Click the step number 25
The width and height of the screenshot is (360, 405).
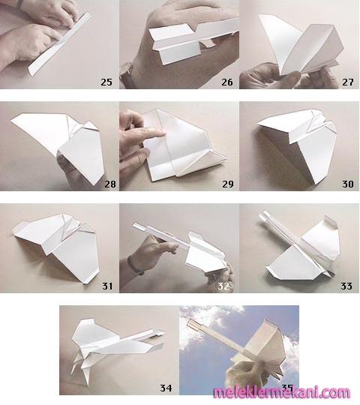(106, 82)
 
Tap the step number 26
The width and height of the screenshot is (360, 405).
(227, 82)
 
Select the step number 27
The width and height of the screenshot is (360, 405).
(347, 82)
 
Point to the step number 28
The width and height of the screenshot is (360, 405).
(110, 184)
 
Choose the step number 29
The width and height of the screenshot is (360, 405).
(228, 184)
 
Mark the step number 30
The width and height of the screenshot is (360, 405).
(347, 184)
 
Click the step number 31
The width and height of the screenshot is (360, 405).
(107, 286)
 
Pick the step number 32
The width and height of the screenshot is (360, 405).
(223, 286)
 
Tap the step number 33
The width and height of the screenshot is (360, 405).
(346, 286)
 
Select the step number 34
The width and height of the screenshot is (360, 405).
(166, 388)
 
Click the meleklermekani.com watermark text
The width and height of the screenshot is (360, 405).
(282, 393)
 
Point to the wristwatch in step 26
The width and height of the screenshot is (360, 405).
(129, 75)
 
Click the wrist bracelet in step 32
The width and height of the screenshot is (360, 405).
(135, 266)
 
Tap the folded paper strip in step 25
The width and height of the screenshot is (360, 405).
(60, 44)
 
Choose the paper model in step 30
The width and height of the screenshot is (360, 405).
(297, 145)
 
